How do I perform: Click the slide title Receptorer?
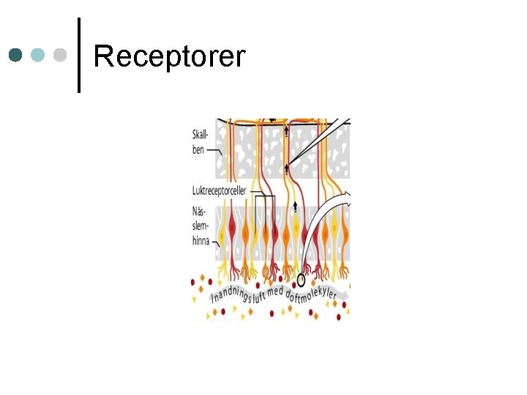pos(169,56)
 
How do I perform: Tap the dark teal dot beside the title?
pos(15,55)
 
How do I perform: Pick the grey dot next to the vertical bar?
pos(61,55)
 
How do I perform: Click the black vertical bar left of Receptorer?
pos(78,55)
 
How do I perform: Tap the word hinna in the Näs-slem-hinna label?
pos(201,240)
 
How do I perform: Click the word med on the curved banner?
pos(275,291)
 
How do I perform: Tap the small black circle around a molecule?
pos(301,279)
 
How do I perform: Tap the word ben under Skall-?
pos(198,149)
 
